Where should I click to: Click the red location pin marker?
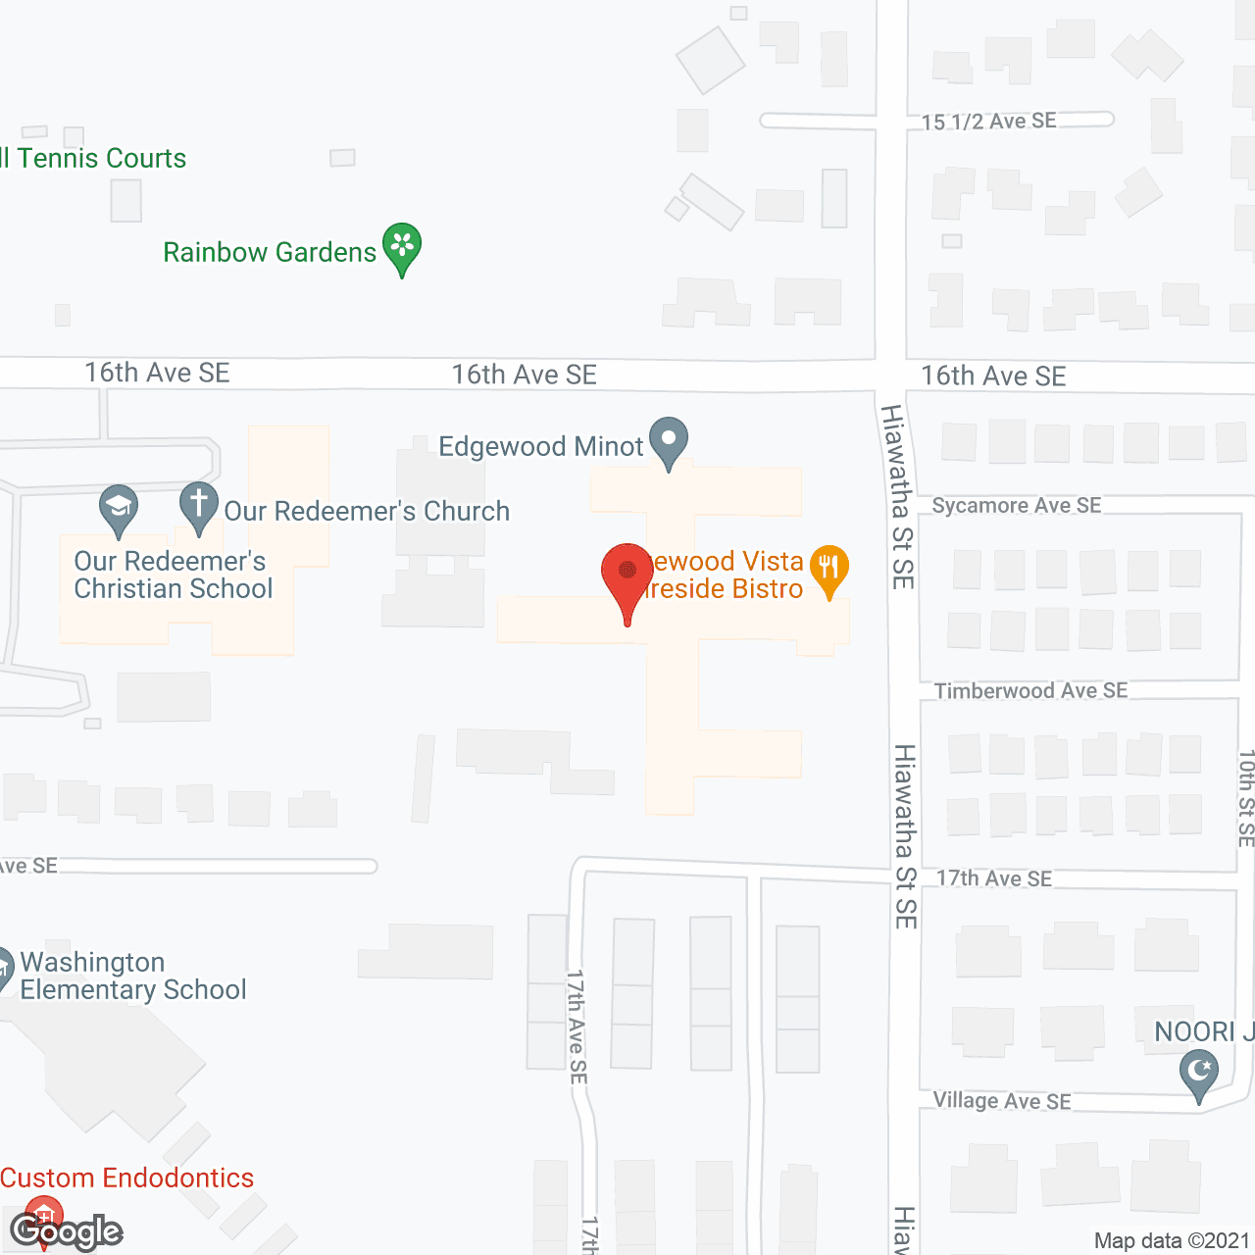click(627, 575)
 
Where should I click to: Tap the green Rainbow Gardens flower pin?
click(402, 246)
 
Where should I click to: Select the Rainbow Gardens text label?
click(270, 253)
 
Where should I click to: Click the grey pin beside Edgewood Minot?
click(669, 440)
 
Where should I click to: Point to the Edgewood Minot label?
click(540, 447)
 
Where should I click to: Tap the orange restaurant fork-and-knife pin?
click(829, 569)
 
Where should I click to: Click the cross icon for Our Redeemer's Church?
click(198, 506)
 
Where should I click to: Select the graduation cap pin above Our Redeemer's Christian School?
click(119, 508)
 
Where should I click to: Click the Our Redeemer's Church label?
click(367, 512)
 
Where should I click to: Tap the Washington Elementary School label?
click(132, 976)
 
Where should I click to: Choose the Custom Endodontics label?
click(127, 1178)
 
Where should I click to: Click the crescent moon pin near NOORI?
click(1199, 1072)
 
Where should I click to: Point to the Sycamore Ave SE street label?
click(1017, 506)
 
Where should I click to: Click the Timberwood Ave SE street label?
click(1030, 691)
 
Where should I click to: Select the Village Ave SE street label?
click(1002, 1101)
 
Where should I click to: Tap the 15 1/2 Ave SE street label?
click(989, 122)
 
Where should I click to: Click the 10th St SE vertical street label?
click(1245, 798)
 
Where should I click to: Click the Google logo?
click(67, 1231)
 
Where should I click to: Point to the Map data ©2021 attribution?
click(1172, 1241)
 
